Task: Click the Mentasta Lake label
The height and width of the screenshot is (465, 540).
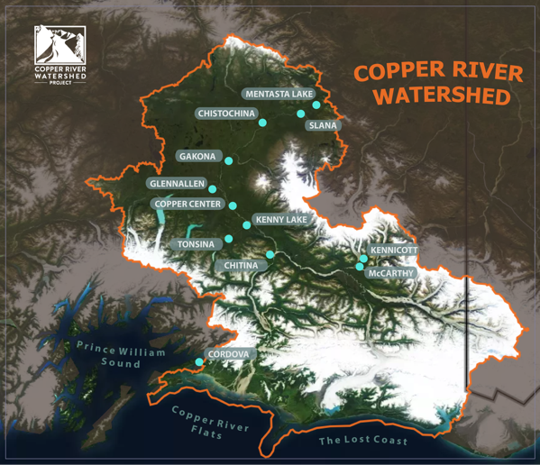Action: [x=278, y=94]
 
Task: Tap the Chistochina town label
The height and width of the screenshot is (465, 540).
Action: [x=225, y=114]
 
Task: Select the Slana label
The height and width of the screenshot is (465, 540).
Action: [x=322, y=125]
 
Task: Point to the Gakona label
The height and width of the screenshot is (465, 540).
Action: [x=197, y=156]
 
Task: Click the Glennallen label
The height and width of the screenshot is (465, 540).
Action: [x=176, y=184]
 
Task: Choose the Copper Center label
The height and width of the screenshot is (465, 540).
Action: [x=187, y=204]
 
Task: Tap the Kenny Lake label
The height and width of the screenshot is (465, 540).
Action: [x=281, y=219]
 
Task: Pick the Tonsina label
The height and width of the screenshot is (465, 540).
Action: [x=196, y=244]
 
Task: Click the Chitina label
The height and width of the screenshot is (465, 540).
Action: [x=241, y=266]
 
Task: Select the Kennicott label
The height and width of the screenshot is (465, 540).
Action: [x=394, y=250]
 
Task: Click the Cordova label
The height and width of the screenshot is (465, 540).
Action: [x=228, y=354]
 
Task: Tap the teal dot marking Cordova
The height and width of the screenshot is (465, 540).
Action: [x=199, y=362]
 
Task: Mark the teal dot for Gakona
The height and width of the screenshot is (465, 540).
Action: [x=229, y=161]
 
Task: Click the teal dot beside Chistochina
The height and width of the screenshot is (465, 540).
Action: [x=262, y=123]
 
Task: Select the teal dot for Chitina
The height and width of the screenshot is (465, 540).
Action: [x=270, y=255]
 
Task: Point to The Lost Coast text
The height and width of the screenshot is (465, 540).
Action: [x=362, y=441]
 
